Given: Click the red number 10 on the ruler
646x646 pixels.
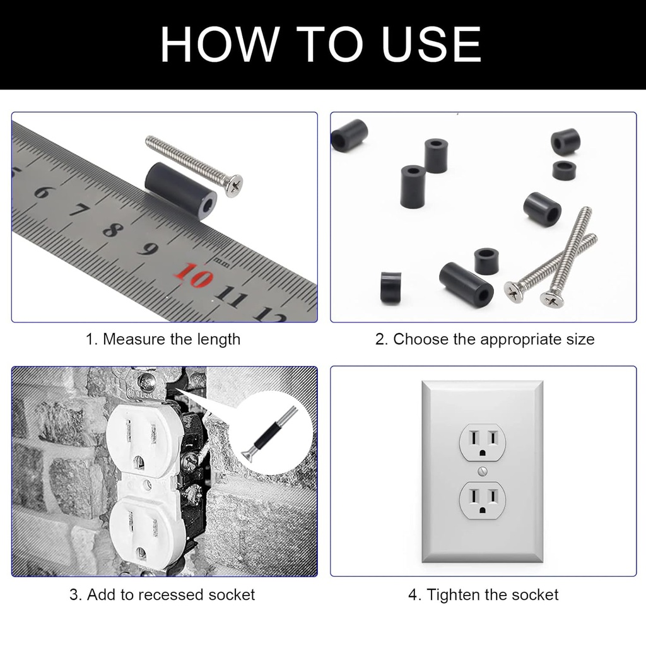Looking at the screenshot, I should [x=195, y=276].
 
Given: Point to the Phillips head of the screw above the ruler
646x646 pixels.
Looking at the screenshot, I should [x=233, y=183].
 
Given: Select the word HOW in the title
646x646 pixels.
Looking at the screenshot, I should [x=218, y=44].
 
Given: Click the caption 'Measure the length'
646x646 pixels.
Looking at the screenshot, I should [x=171, y=339].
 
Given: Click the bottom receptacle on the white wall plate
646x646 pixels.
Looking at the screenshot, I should [x=483, y=500].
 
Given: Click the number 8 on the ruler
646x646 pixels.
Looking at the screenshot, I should [x=111, y=229].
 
